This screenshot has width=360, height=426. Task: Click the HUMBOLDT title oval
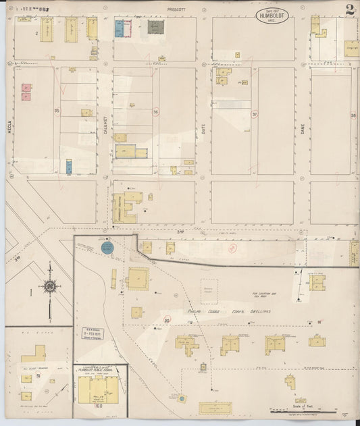[x=273, y=16]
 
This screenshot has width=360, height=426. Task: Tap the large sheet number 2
[x=349, y=10]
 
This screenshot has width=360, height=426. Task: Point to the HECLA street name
[x=9, y=119]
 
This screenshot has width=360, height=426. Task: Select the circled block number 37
[x=255, y=115]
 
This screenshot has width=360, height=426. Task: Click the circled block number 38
[x=353, y=115]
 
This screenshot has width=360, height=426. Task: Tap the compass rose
[x=49, y=286]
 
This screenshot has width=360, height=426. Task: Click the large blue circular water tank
[x=107, y=248]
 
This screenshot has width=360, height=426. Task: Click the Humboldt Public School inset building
[x=98, y=390]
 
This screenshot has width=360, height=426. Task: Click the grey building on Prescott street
[x=156, y=28]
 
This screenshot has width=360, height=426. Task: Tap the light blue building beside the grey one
[x=119, y=28]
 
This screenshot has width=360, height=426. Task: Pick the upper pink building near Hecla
[x=26, y=88]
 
